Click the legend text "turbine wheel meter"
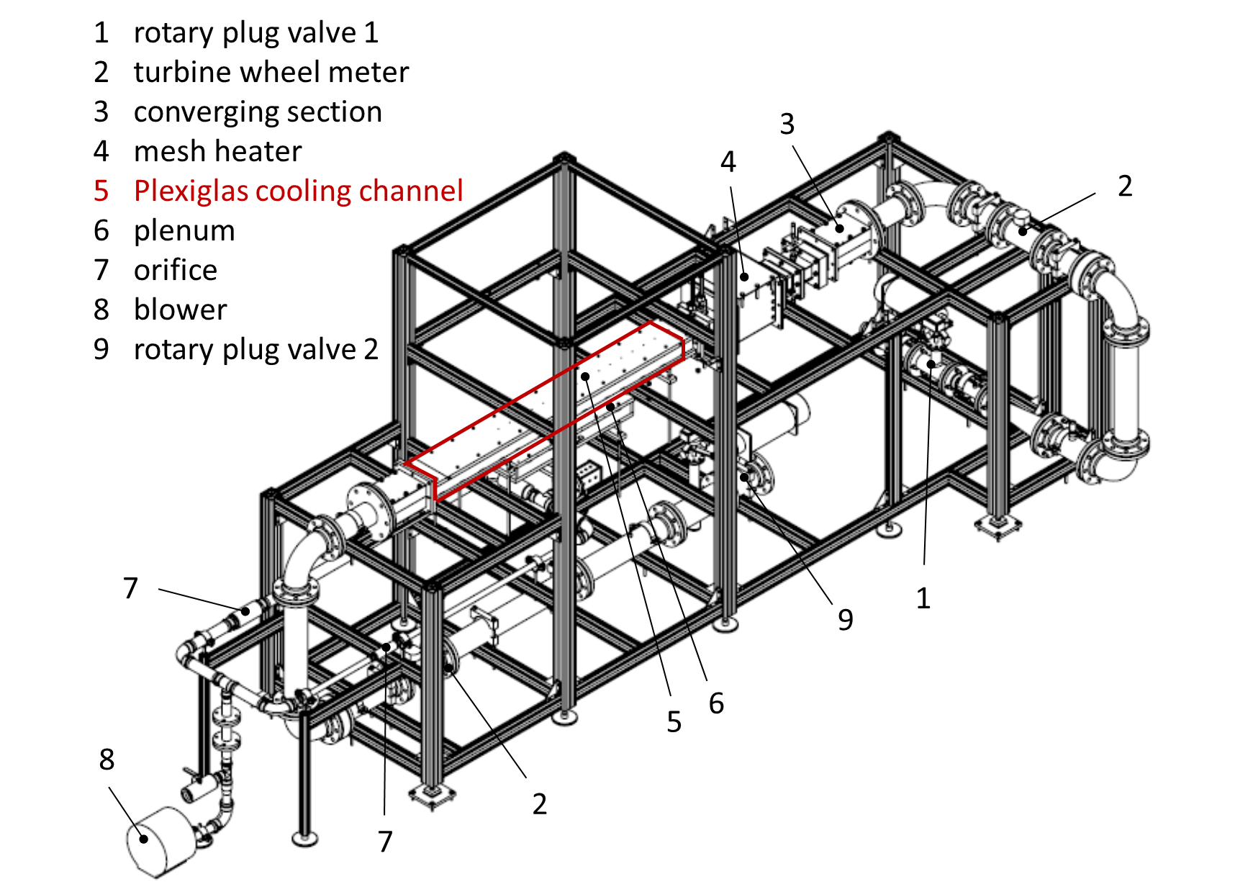(271, 72)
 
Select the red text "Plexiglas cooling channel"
(299, 191)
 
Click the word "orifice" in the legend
(176, 270)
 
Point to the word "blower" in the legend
(181, 310)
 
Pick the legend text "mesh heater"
(218, 151)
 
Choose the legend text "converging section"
(258, 112)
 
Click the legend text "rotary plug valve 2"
(256, 350)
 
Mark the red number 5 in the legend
(101, 191)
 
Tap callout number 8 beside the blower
(107, 759)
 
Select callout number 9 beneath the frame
(846, 619)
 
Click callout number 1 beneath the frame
(923, 598)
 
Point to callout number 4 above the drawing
(728, 162)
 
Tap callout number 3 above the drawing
(787, 124)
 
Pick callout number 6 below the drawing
(716, 703)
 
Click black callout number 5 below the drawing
(674, 722)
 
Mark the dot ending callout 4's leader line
(746, 276)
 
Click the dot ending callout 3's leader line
(839, 228)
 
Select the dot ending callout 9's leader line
(744, 477)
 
